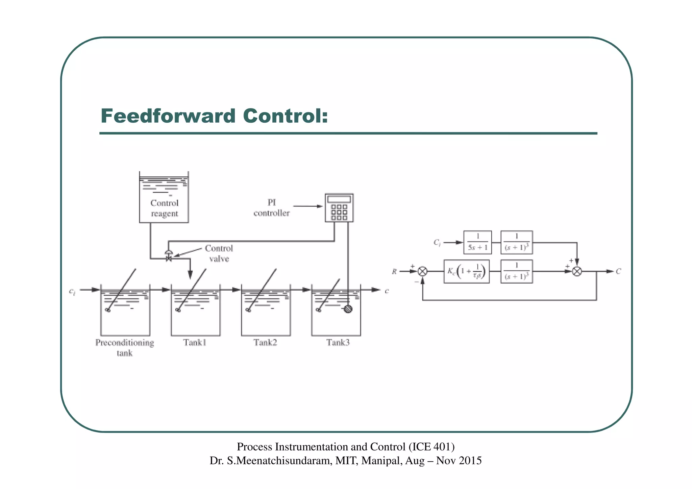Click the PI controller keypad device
[x=339, y=208]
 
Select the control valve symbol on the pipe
[x=169, y=256]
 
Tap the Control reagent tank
[x=164, y=197]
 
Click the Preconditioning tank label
[x=125, y=347]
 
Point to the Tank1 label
[x=195, y=343]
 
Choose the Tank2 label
[x=265, y=343]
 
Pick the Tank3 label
[x=338, y=343]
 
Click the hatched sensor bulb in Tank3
[x=348, y=309]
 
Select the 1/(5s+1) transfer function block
[x=477, y=242]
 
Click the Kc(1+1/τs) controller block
[x=466, y=271]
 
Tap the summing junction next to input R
[x=423, y=271]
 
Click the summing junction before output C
[x=577, y=271]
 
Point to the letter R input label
[x=394, y=271]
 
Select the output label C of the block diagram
[x=618, y=271]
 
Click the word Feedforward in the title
[x=168, y=116]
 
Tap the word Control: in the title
[x=286, y=116]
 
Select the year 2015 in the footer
[x=470, y=461]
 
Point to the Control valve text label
[x=219, y=253]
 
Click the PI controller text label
[x=272, y=208]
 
